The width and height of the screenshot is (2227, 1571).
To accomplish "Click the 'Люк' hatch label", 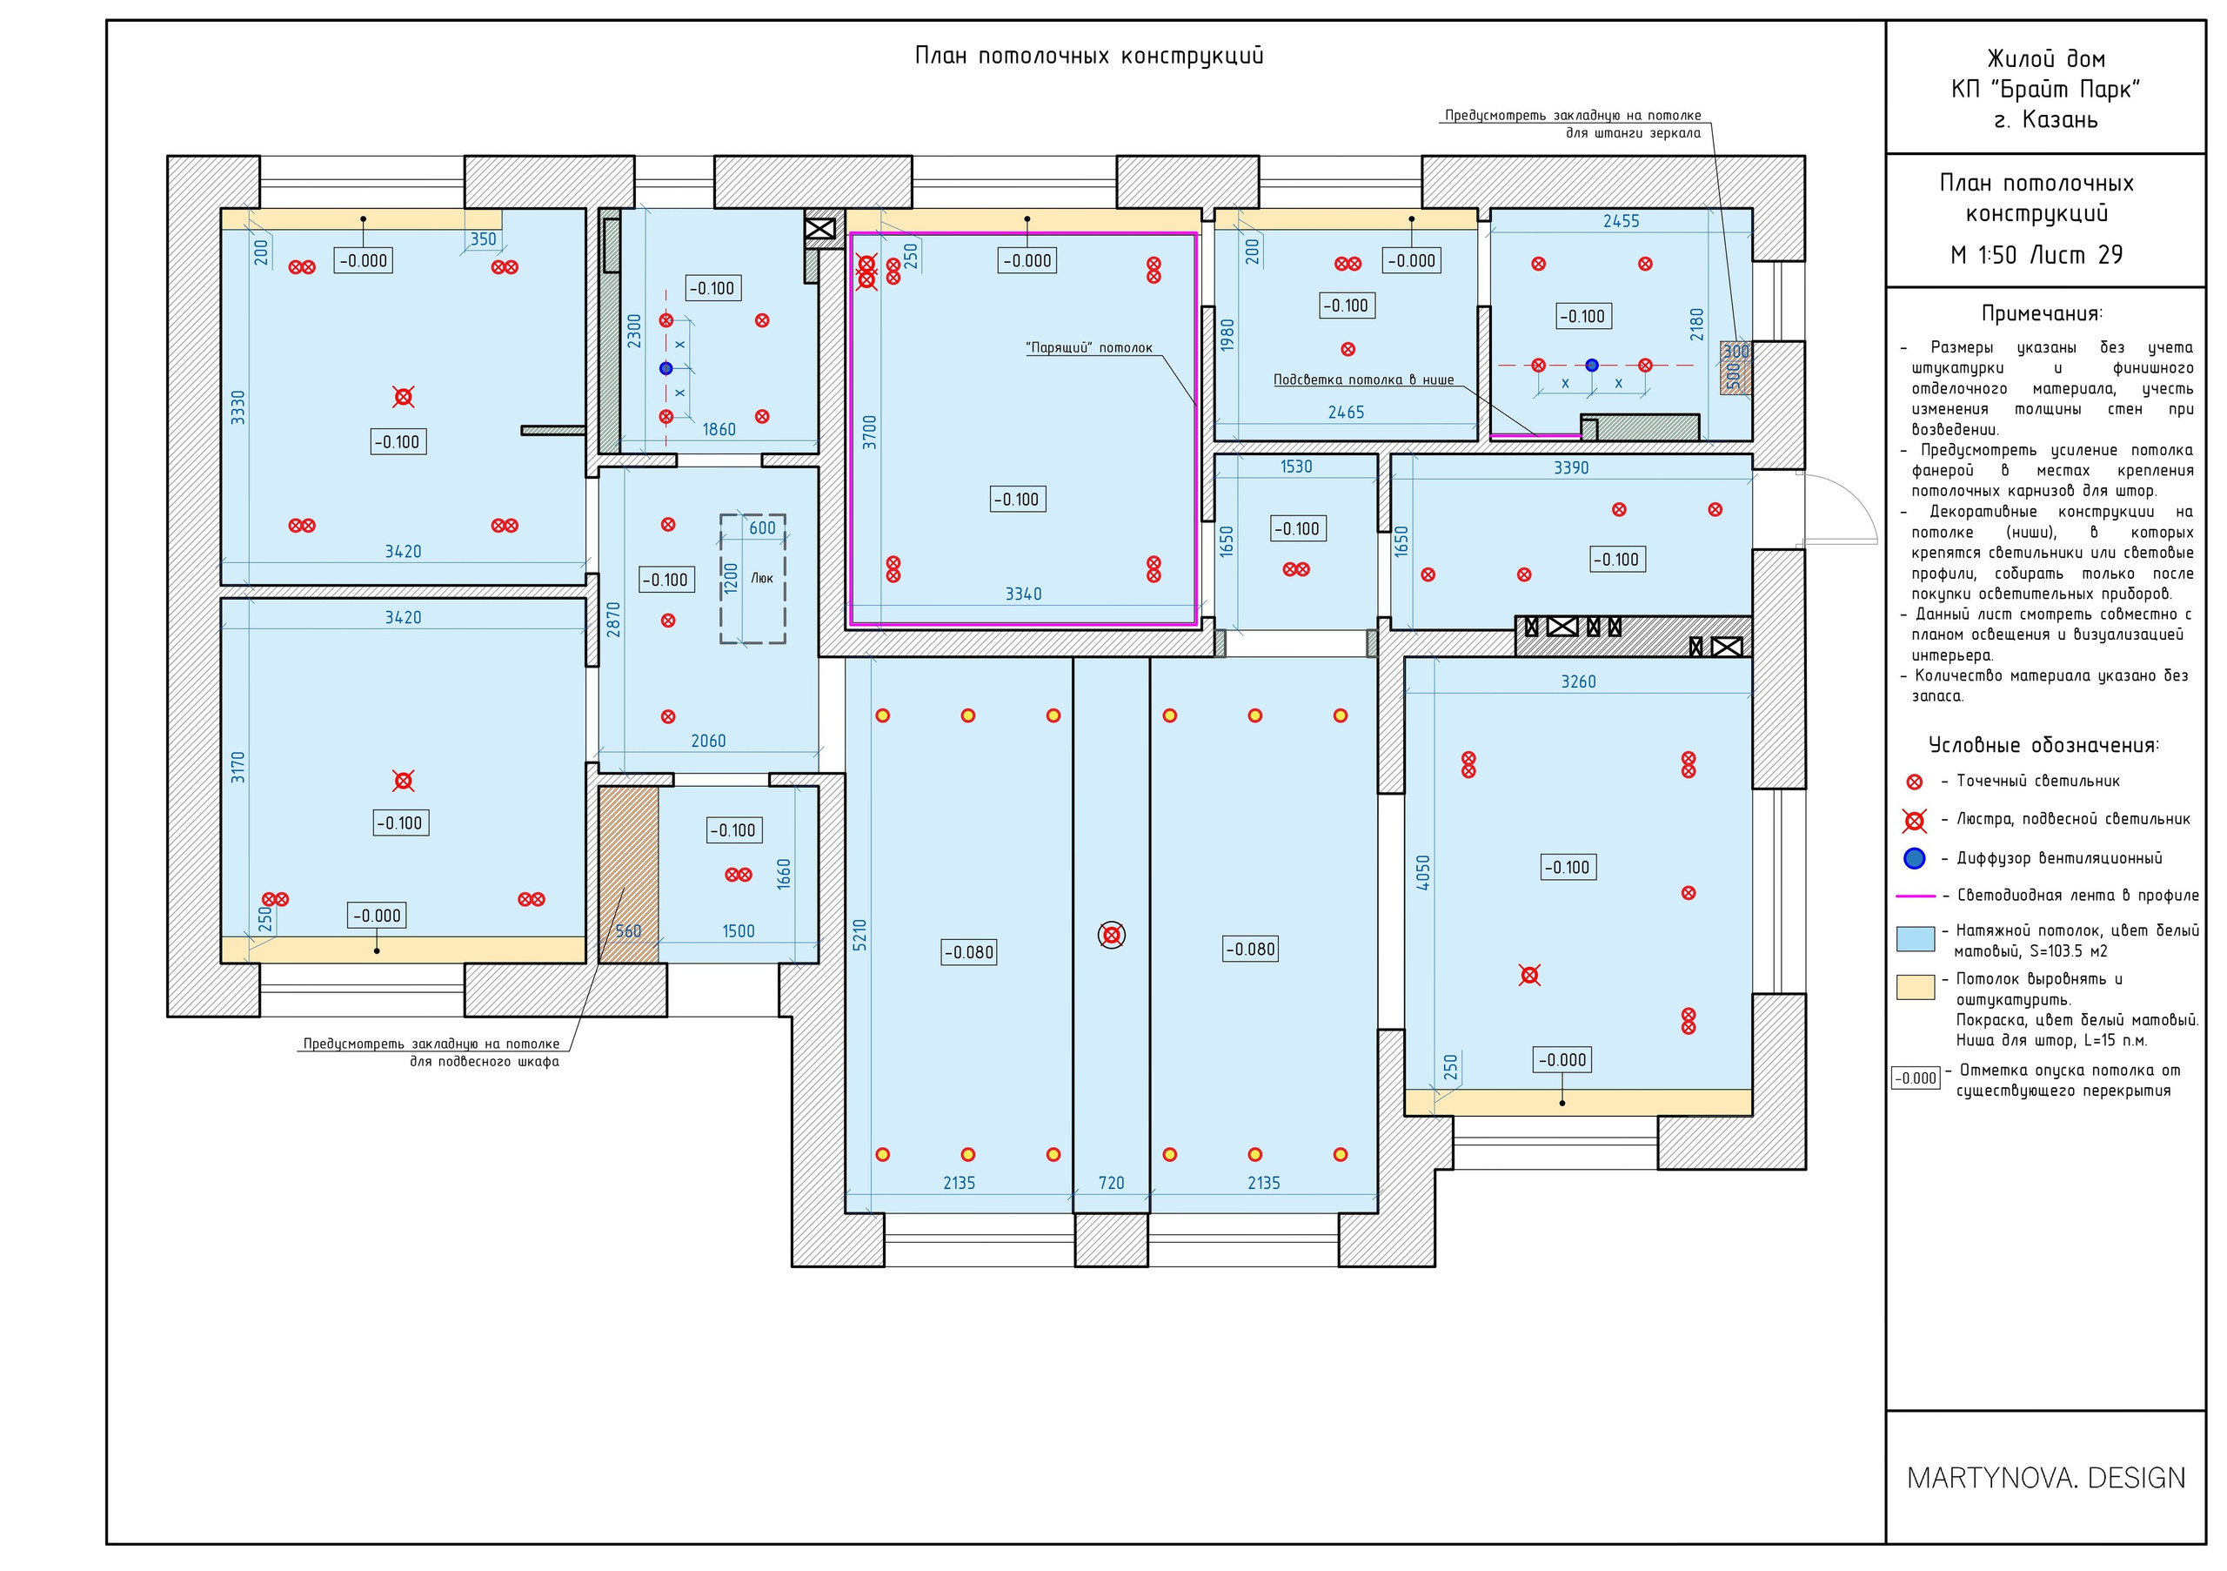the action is (x=761, y=577).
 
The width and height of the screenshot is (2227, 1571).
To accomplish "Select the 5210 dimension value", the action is (x=859, y=934).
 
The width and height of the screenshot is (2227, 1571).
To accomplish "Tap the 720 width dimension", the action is (x=1112, y=1183).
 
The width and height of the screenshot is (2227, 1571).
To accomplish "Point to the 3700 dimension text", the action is (x=870, y=432).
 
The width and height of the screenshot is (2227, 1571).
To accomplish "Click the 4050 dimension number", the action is (x=1423, y=872).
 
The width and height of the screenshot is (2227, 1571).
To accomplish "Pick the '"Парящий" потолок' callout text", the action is (x=1089, y=347).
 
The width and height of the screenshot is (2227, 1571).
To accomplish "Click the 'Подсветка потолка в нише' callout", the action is (x=1364, y=379).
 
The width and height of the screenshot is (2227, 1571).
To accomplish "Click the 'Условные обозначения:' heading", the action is (x=2043, y=745).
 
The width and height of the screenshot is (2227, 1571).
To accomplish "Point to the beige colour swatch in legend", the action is (x=1916, y=987).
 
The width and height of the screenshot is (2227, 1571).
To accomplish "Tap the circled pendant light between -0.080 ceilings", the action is (x=1112, y=936).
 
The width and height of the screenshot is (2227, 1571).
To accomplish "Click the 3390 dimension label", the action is (x=1571, y=467).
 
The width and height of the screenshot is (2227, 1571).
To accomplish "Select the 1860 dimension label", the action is (x=719, y=429).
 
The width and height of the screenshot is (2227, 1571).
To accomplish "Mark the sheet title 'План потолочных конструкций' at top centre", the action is (x=1089, y=56).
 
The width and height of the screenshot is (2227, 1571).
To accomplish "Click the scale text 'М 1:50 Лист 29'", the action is (x=2036, y=255).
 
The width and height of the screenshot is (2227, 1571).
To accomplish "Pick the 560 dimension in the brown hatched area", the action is (x=629, y=931).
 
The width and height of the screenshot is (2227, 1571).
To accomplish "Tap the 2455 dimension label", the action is (x=1621, y=221).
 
